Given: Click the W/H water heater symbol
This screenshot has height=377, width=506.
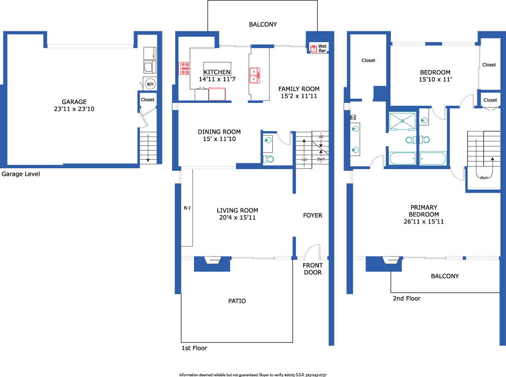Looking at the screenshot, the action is (151, 84).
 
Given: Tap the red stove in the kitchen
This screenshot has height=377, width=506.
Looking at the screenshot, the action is (184, 68).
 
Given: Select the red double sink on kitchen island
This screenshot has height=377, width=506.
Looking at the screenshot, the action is (255, 75).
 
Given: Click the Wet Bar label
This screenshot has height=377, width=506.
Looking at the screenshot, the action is (322, 48).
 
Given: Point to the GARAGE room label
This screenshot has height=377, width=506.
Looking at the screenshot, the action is (74, 102).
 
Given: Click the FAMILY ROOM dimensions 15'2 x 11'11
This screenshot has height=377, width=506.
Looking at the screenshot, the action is (299, 96).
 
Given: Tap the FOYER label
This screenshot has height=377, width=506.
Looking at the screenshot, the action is (312, 215).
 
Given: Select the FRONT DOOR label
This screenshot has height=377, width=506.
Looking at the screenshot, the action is (313, 269).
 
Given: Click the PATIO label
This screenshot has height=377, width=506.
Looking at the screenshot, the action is (237, 301).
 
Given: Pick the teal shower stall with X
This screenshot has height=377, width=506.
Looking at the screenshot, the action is (402, 121).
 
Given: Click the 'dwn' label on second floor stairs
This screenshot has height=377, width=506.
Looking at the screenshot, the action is (484, 178).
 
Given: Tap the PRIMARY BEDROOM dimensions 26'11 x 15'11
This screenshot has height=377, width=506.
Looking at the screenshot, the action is (424, 221).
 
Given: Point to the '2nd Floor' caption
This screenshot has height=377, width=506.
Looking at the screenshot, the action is (406, 299).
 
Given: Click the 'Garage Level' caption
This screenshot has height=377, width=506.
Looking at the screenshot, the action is (21, 174).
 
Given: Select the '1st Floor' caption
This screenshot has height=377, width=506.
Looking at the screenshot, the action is (194, 348).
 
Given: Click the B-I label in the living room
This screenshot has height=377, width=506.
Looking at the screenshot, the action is (187, 208).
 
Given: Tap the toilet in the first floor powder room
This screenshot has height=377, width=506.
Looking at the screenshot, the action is (268, 159).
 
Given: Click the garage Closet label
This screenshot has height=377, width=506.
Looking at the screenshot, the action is (148, 100).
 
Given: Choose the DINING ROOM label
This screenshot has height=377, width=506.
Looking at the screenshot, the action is (219, 132).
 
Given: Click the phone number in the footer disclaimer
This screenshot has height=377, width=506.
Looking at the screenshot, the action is (316, 375).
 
